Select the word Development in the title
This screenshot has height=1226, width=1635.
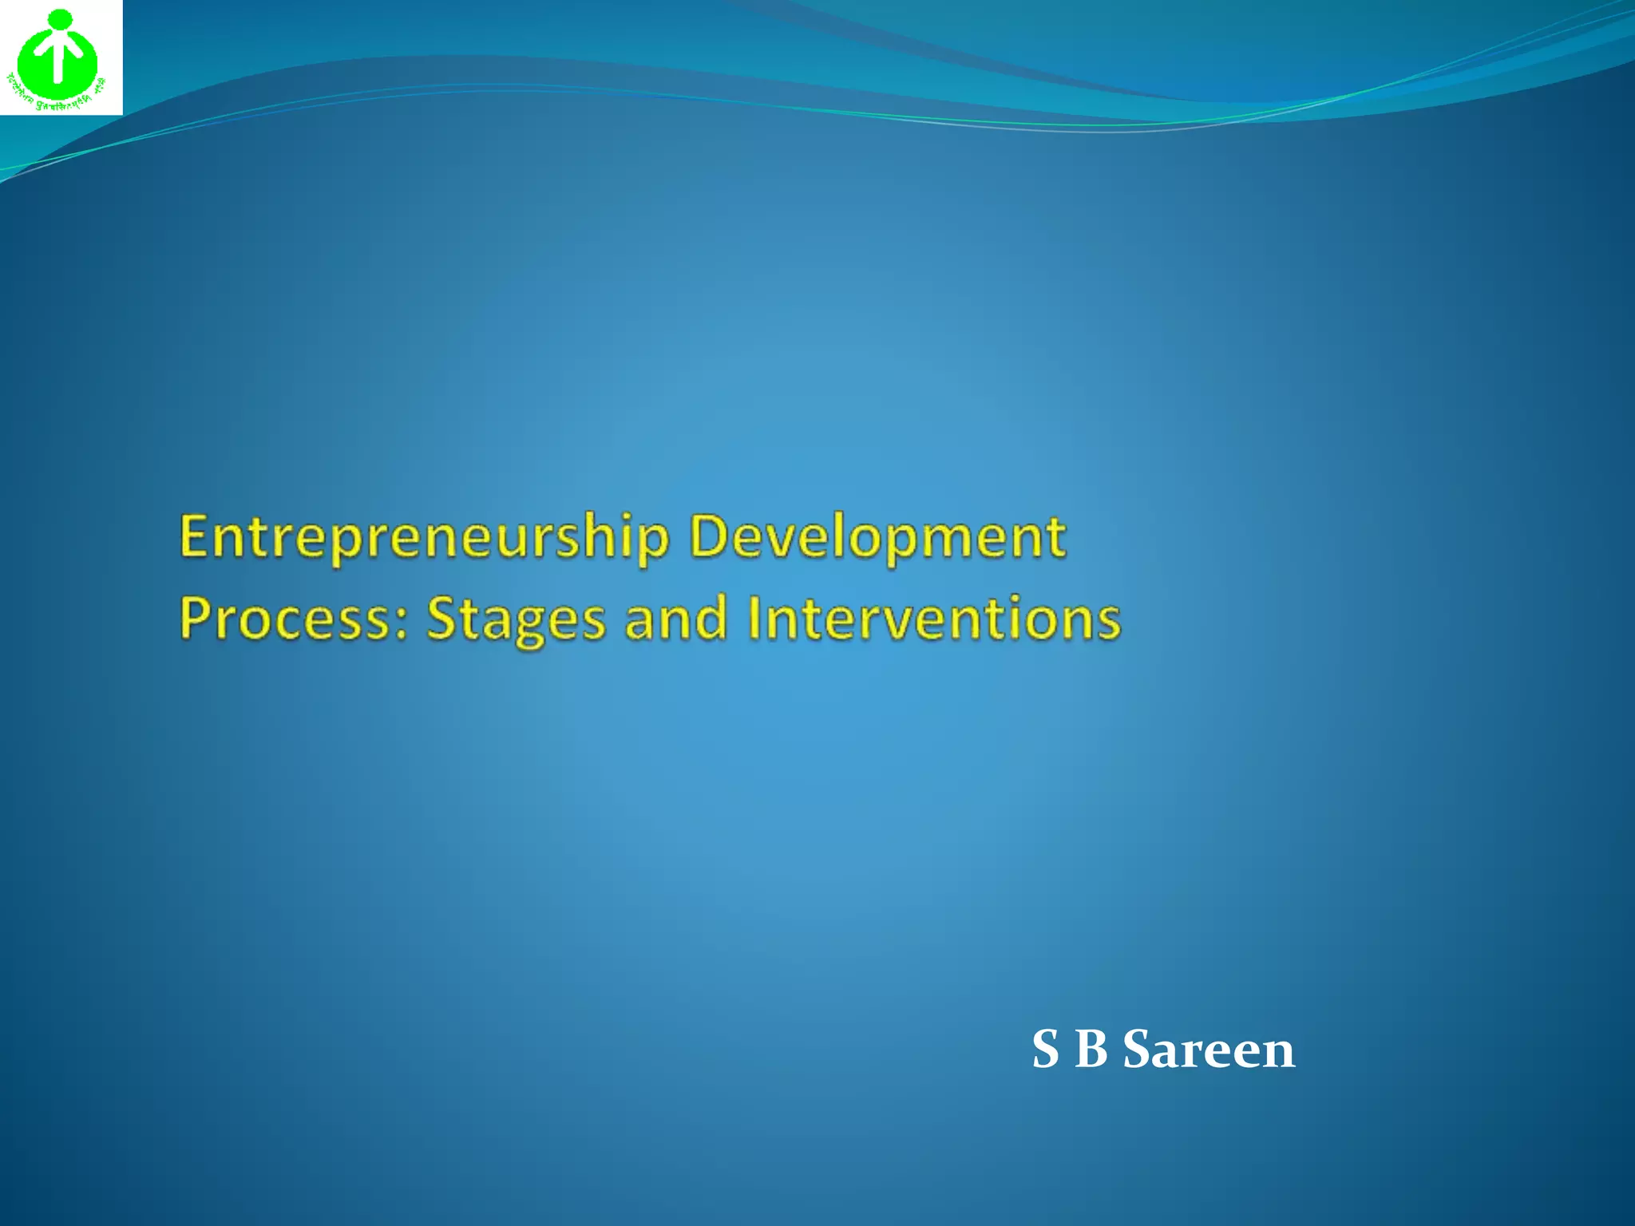tap(877, 536)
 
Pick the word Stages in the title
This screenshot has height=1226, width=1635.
tap(516, 619)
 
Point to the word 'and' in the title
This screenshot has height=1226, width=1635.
tap(675, 619)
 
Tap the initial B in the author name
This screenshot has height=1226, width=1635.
tap(1091, 1050)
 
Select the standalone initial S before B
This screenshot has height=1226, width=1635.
tap(1045, 1050)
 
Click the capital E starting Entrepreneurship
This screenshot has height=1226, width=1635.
tap(194, 536)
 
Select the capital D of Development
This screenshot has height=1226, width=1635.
tap(707, 536)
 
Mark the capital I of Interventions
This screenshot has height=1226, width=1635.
tap(754, 619)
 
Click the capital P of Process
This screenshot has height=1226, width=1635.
tap(196, 619)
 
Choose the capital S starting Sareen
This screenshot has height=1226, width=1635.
tap(1138, 1050)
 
